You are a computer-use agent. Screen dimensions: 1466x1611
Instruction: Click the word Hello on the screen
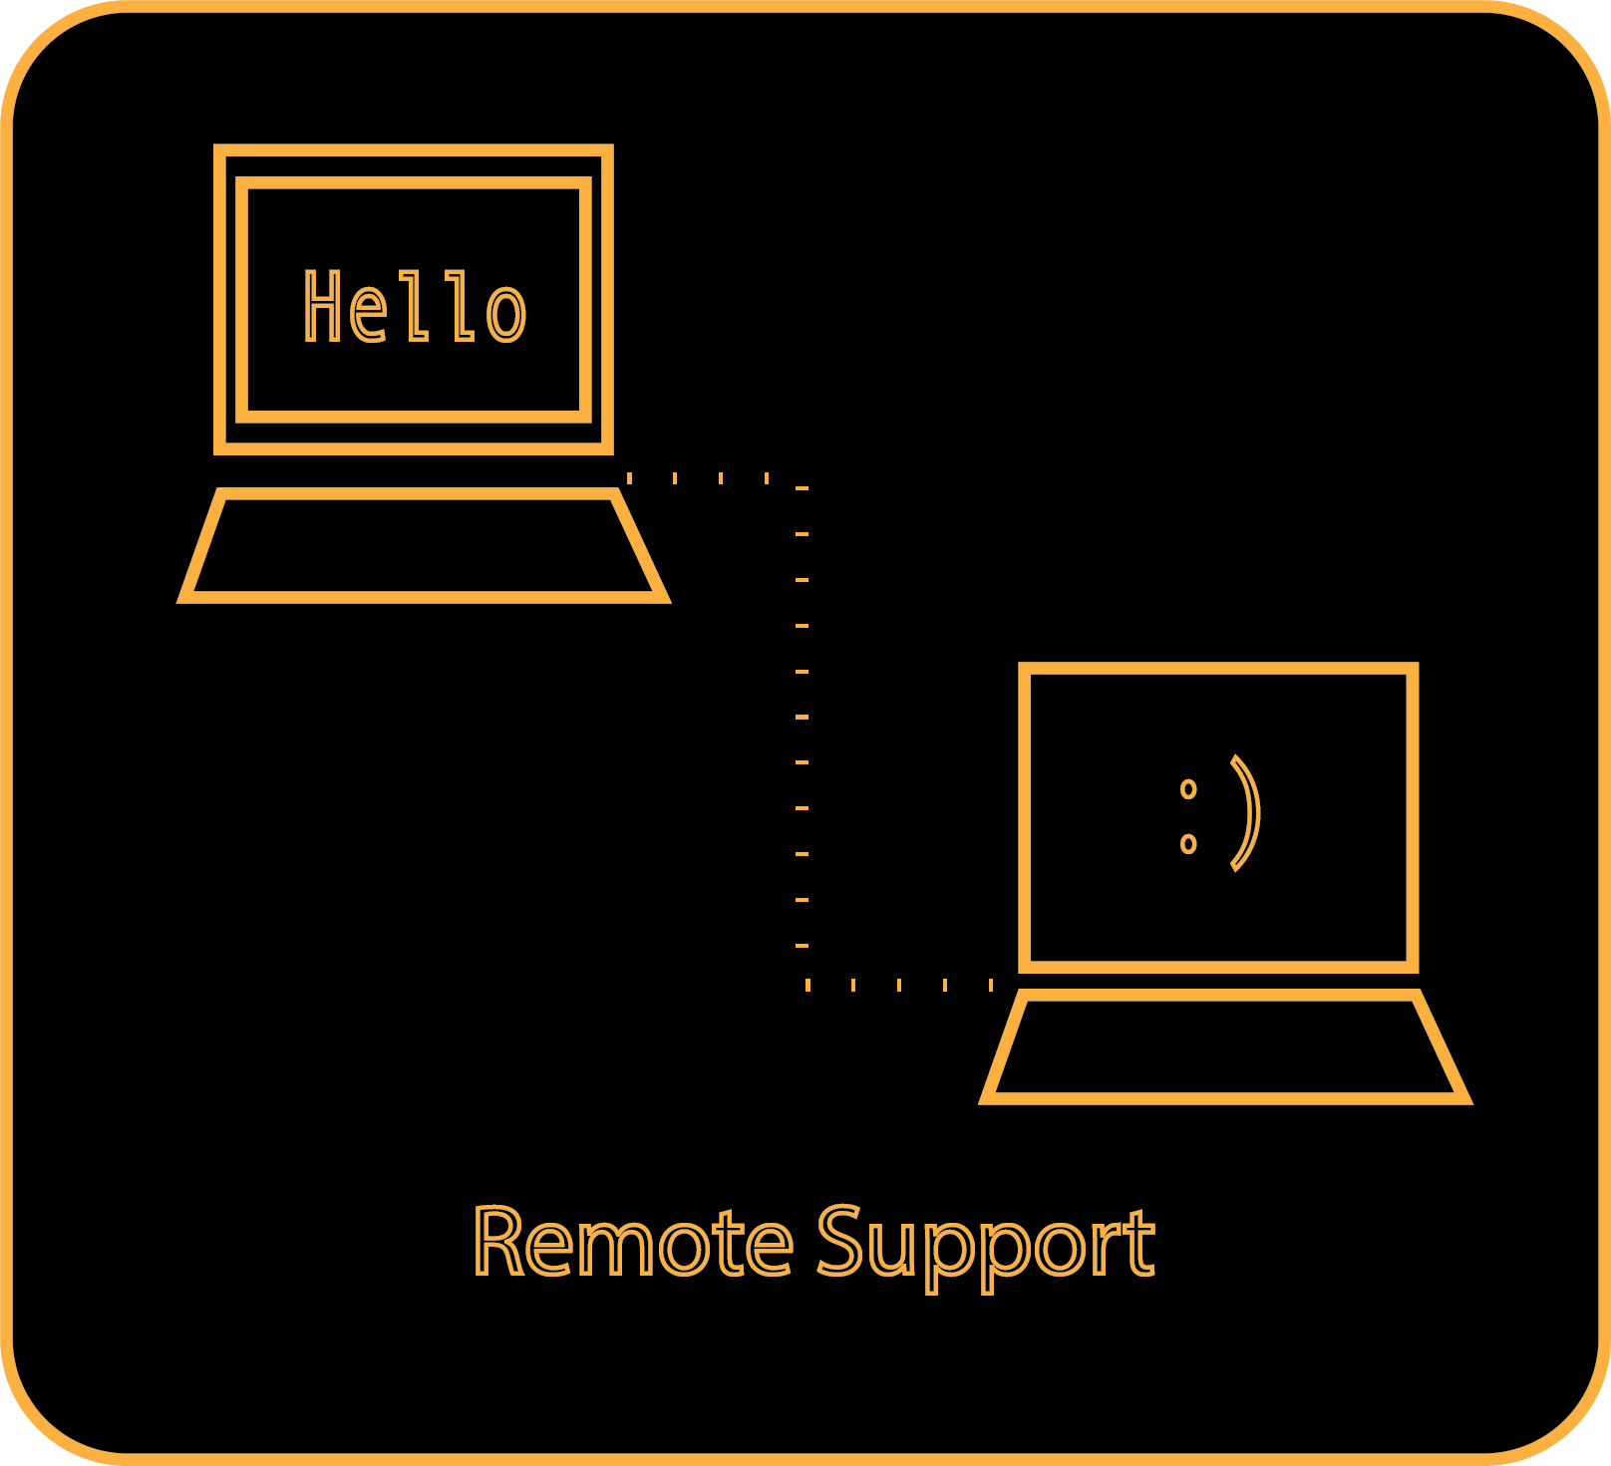click(414, 307)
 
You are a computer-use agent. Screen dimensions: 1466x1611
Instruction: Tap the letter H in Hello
click(323, 306)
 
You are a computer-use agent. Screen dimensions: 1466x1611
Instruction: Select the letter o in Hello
click(505, 312)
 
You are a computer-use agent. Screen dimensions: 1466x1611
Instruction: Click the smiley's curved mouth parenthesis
click(1246, 812)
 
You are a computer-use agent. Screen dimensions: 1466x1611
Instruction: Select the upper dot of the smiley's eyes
click(1187, 789)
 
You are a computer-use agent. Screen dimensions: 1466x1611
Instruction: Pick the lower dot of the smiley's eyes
click(1187, 844)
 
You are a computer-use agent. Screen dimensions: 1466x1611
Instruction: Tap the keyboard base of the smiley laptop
click(1225, 1047)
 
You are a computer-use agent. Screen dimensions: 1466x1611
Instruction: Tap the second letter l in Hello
click(461, 306)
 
